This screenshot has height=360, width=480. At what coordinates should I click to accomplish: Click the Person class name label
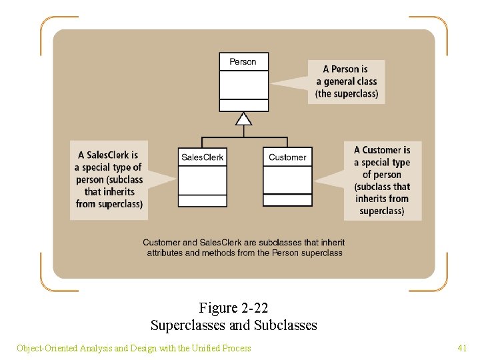pyautogui.click(x=243, y=62)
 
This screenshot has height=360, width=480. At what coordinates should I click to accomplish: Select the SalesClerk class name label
pyautogui.click(x=203, y=157)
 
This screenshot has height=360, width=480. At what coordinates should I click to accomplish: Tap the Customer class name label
pyautogui.click(x=287, y=157)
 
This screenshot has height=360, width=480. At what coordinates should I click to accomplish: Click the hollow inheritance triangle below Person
pyautogui.click(x=244, y=119)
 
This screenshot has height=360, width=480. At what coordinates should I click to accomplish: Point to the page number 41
pyautogui.click(x=462, y=347)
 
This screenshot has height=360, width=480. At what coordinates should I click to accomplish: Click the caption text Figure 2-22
pyautogui.click(x=233, y=308)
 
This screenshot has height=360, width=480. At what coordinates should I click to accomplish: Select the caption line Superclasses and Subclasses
pyautogui.click(x=233, y=325)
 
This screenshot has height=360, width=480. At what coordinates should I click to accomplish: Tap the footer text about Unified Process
pyautogui.click(x=133, y=347)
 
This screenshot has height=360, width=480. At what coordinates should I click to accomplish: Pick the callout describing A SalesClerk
pyautogui.click(x=109, y=179)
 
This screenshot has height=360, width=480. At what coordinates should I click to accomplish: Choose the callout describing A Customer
pyautogui.click(x=382, y=180)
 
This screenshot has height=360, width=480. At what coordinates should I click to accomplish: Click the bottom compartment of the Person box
pyautogui.click(x=244, y=105)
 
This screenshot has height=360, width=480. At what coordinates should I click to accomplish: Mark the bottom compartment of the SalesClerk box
pyautogui.click(x=203, y=201)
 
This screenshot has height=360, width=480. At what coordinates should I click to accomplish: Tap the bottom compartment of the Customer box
pyautogui.click(x=287, y=200)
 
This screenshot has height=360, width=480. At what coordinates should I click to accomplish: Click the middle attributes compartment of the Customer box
pyautogui.click(x=287, y=180)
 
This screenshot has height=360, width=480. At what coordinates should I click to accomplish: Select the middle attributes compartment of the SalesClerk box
pyautogui.click(x=203, y=180)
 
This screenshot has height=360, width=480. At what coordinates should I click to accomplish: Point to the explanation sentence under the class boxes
pyautogui.click(x=244, y=247)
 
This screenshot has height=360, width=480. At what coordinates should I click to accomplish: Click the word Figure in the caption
pyautogui.click(x=218, y=308)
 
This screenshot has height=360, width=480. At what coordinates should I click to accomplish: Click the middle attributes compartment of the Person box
pyautogui.click(x=244, y=85)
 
